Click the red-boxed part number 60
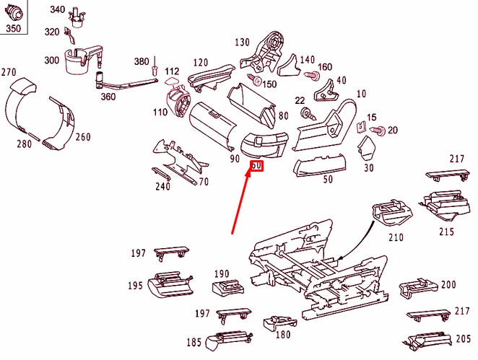pyautogui.click(x=257, y=167)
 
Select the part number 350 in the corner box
pyautogui.click(x=14, y=29)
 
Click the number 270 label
pyautogui.click(x=9, y=72)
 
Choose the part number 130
pyautogui.click(x=242, y=42)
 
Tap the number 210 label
pyautogui.click(x=395, y=237)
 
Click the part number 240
pyautogui.click(x=162, y=186)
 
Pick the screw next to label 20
pyautogui.click(x=378, y=131)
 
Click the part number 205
pyautogui.click(x=464, y=339)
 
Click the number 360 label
pyautogui.click(x=108, y=97)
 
